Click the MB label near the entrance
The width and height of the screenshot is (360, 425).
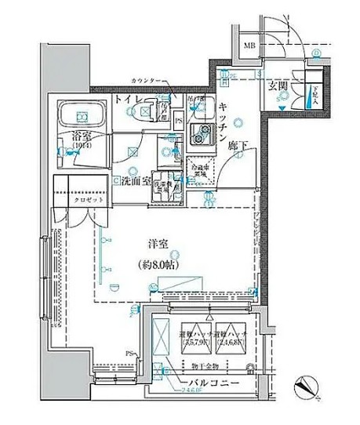click(x=250, y=45)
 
